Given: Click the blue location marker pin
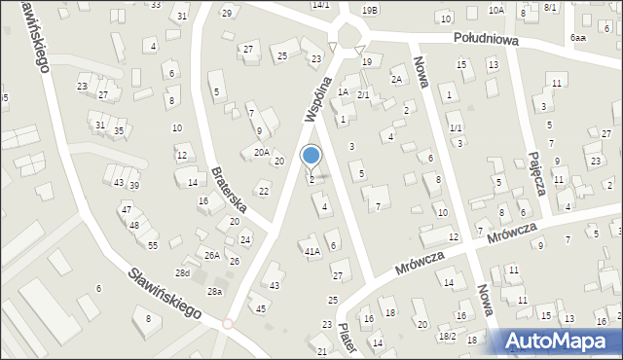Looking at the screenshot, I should click(x=311, y=156).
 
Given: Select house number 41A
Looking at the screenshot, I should click(x=311, y=251).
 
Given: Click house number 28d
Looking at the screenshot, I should click(x=182, y=273).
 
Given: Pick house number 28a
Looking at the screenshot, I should click(x=214, y=292).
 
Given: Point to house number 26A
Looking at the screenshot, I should click(x=211, y=256).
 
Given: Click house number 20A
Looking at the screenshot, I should click(x=261, y=152).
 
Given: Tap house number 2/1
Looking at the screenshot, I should click(x=362, y=94).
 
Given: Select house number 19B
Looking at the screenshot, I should click(x=370, y=10).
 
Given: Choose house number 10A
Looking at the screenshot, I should click(x=496, y=10).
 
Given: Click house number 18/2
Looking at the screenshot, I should click(x=447, y=337).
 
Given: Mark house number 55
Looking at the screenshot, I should click(x=153, y=245).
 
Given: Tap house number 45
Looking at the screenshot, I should click(x=260, y=308).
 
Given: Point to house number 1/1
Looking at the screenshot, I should click(x=456, y=128).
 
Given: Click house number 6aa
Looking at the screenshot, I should click(x=578, y=37).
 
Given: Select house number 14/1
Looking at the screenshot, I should click(x=321, y=5).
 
